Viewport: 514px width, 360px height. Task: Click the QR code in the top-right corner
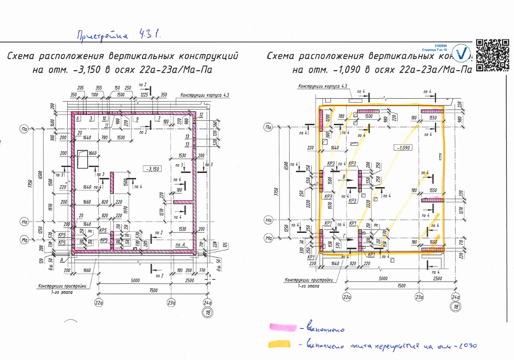pyautogui.click(x=492, y=55)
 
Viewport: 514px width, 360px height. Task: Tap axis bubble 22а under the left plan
pyautogui.click(x=99, y=303)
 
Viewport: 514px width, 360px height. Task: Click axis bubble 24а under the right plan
pyautogui.click(x=455, y=297)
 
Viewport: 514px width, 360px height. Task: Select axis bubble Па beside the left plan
pyautogui.click(x=23, y=129)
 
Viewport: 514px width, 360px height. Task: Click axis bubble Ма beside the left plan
pyautogui.click(x=23, y=239)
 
